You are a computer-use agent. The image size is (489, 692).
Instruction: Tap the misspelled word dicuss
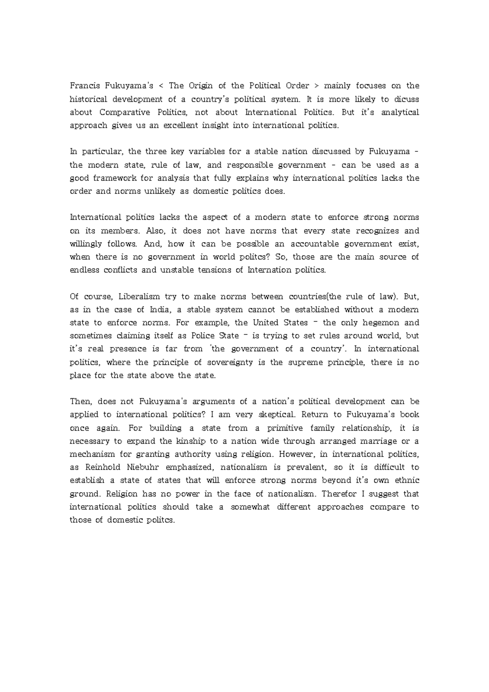point(404,99)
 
